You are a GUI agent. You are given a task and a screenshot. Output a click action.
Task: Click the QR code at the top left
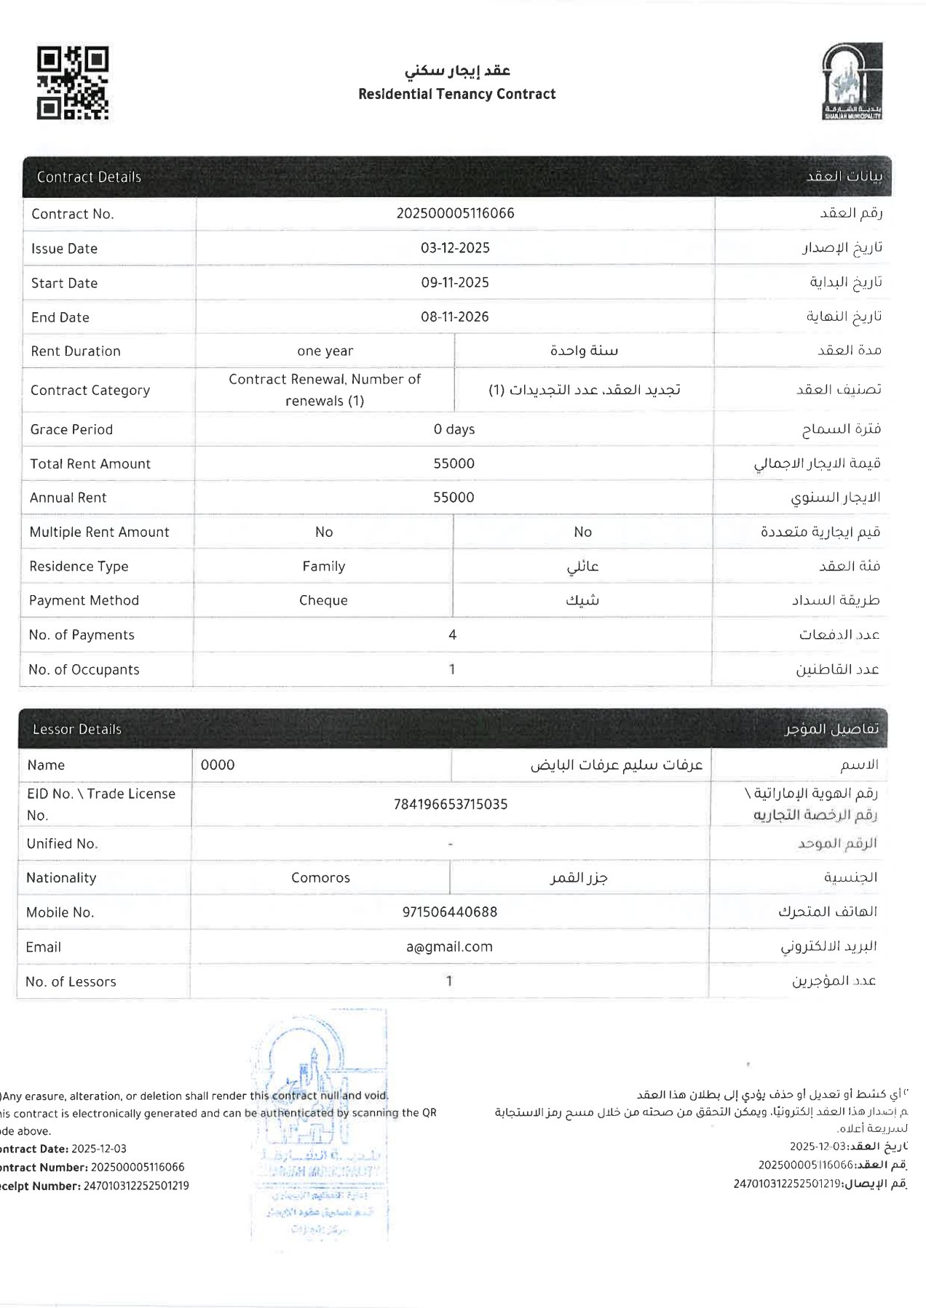click(73, 83)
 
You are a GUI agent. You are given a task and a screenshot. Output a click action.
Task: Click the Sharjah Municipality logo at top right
click(851, 81)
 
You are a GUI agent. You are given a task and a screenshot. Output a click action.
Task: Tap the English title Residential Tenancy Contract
click(456, 94)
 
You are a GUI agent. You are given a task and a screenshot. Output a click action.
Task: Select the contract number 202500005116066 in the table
click(455, 213)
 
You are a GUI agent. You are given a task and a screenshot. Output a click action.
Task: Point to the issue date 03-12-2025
click(455, 248)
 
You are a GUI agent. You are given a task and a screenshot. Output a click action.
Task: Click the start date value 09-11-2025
click(455, 282)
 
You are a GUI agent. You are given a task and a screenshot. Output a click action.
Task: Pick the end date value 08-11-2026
click(455, 316)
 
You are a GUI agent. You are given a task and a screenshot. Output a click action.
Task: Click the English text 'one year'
click(325, 351)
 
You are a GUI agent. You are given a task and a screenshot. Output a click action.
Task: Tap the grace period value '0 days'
click(454, 429)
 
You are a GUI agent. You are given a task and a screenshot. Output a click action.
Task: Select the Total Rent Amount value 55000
click(454, 463)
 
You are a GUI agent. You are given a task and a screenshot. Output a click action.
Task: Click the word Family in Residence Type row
click(324, 566)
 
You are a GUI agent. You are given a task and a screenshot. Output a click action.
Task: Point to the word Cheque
click(323, 600)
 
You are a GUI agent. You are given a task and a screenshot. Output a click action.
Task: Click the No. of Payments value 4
click(453, 634)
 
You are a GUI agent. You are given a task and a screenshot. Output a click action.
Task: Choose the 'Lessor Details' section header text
click(77, 729)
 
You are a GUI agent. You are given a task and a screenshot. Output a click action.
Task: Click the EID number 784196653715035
click(451, 804)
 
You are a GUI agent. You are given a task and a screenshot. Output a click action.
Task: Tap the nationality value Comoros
click(320, 877)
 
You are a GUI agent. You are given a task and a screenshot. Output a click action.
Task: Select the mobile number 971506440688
click(450, 912)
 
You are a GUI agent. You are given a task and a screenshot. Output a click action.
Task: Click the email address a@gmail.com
click(449, 946)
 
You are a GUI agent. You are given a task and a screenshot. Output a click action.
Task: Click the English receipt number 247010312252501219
click(136, 1186)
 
